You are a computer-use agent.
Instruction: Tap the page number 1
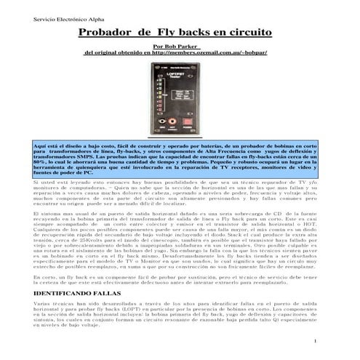click(x=311, y=340)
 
